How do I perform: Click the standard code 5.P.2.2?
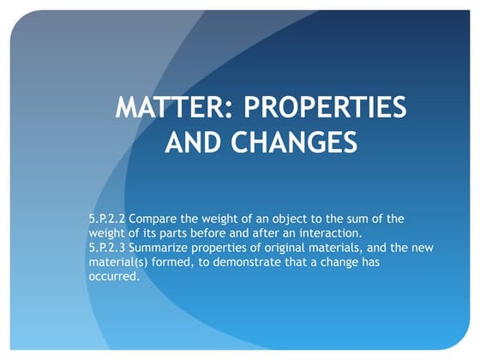pyautogui.click(x=107, y=219)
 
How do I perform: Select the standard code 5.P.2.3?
pyautogui.click(x=107, y=247)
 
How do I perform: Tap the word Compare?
pyautogui.click(x=155, y=219)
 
